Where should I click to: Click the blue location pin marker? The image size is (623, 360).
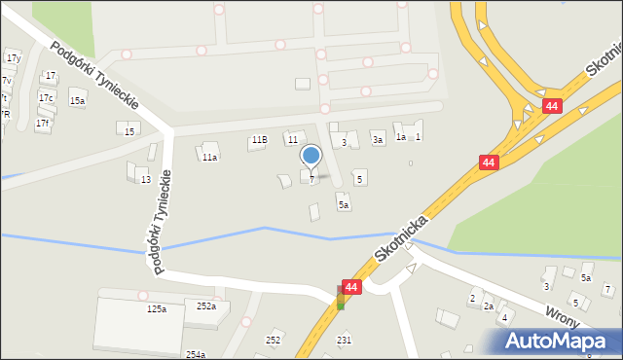(311, 156)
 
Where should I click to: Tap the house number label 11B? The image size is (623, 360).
(258, 140)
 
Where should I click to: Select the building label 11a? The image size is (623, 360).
(209, 157)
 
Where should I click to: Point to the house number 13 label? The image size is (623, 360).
(145, 180)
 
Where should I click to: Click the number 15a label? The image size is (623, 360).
(77, 100)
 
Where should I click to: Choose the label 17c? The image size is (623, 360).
(46, 97)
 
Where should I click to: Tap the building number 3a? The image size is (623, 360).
(377, 140)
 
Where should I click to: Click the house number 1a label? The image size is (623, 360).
(400, 137)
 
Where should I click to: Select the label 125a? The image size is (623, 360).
(157, 308)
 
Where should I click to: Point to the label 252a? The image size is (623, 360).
(206, 306)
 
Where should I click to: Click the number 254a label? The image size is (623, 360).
(196, 354)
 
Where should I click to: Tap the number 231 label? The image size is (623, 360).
(344, 340)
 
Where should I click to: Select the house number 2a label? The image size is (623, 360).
(489, 306)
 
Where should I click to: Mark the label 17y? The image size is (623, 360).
(14, 58)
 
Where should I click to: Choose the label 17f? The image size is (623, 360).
(42, 124)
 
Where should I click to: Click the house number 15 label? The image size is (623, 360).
(129, 130)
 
